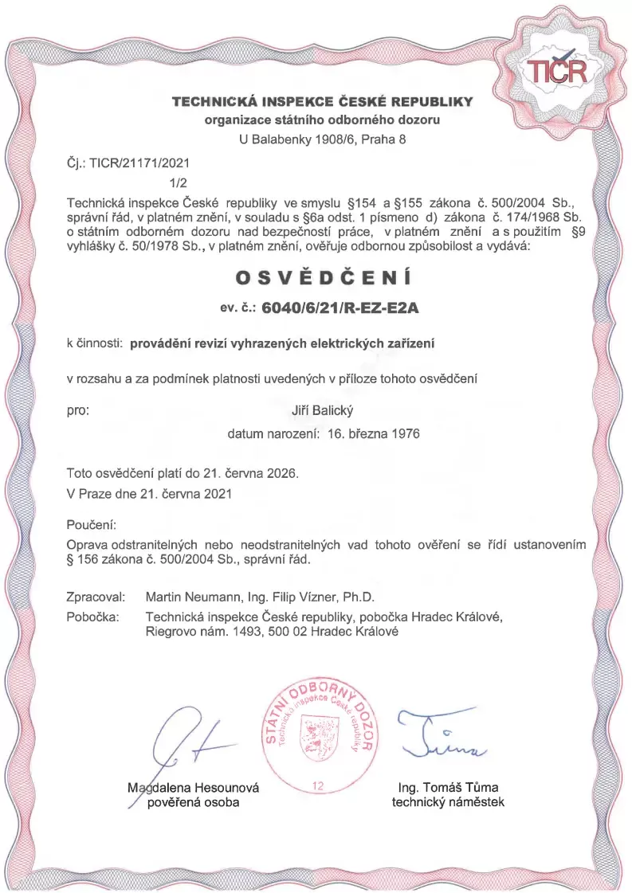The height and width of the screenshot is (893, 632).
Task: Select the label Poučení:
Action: coord(92,526)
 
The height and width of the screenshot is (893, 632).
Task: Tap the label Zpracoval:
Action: coord(97,597)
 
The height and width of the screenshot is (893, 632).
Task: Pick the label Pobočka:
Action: coord(93,616)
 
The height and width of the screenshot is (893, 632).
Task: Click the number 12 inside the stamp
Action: coord(319,786)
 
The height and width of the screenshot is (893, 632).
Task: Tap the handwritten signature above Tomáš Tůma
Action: coord(447,734)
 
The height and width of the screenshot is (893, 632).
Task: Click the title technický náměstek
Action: coord(448,802)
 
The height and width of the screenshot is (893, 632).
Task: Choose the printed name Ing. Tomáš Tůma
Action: coord(448,788)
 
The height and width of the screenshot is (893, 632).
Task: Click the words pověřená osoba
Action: coord(194,802)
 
